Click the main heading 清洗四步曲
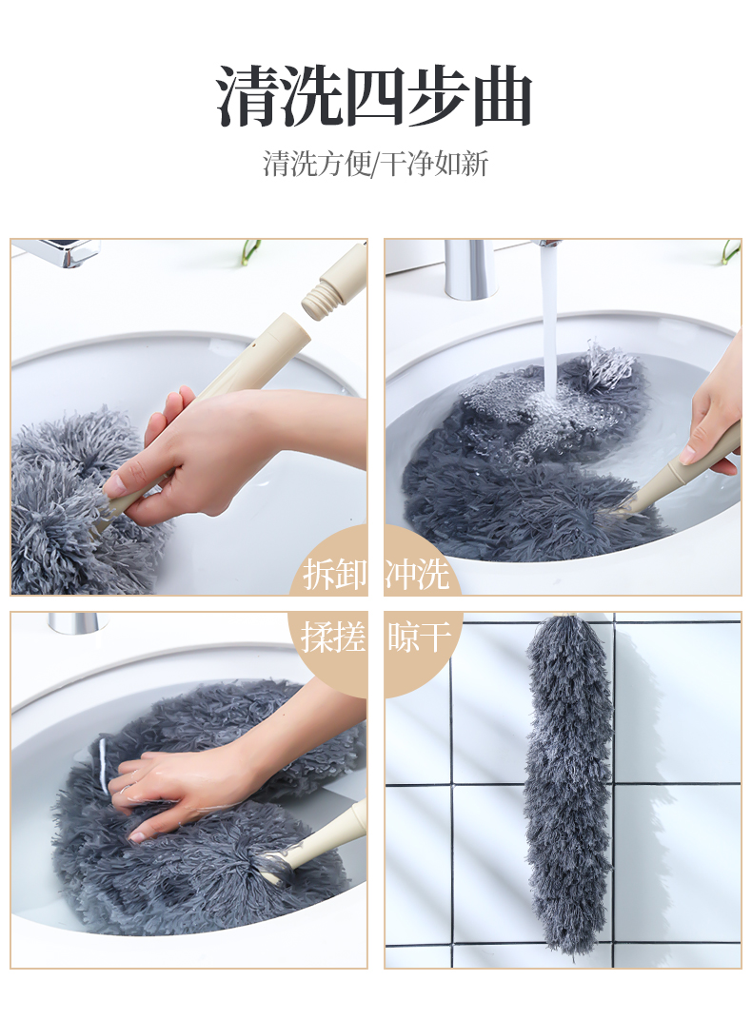point(375,96)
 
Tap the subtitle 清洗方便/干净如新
point(375,164)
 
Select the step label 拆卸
point(334,574)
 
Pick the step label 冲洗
point(417,574)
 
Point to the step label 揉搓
point(333,637)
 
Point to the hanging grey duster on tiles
point(569,780)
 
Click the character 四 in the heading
point(376,96)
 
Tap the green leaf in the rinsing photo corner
point(731,252)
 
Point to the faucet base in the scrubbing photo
point(77,622)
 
